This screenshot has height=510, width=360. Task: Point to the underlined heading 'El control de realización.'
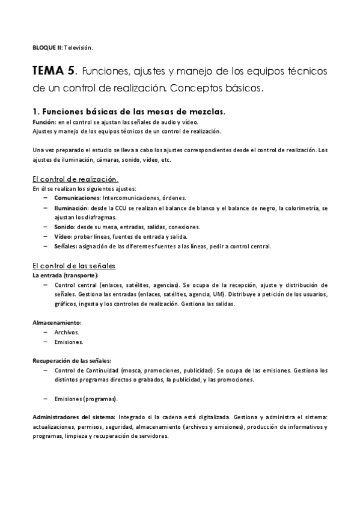point(75,179)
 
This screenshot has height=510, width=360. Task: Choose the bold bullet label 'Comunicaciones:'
point(77,197)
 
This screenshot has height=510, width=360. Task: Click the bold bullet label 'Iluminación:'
point(71,207)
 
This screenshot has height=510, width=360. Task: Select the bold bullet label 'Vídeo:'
point(64,236)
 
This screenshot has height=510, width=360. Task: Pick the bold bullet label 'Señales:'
point(66,246)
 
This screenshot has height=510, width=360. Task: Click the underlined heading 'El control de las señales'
point(74,265)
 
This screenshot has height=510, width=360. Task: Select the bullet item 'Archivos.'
point(67,332)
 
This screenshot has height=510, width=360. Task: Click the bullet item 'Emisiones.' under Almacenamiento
point(69,342)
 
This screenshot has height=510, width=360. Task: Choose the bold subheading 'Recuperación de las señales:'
point(72,360)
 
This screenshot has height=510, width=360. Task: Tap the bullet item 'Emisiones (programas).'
point(86,399)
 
